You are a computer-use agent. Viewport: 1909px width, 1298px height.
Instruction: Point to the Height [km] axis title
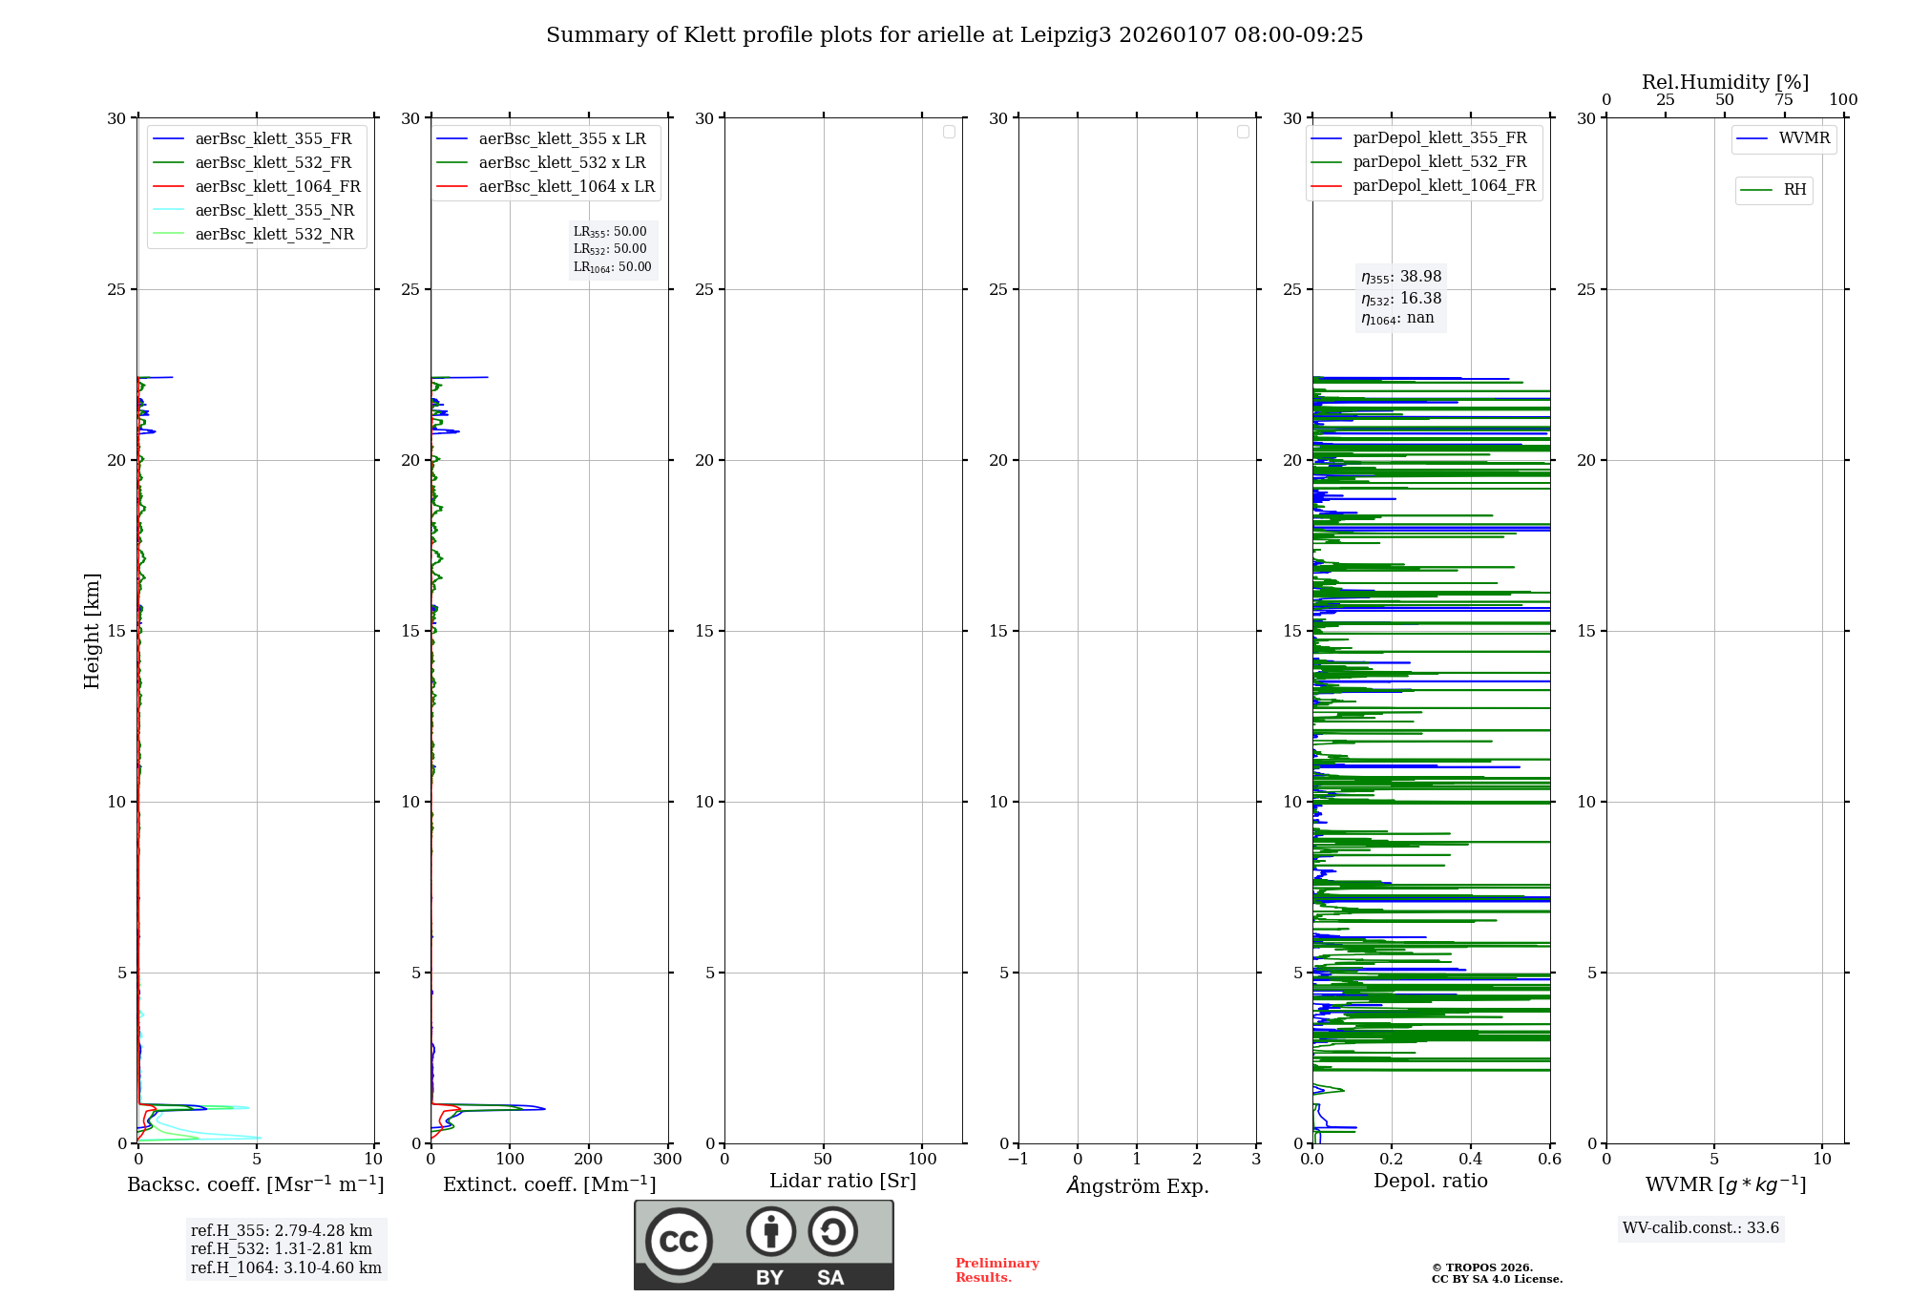tap(92, 631)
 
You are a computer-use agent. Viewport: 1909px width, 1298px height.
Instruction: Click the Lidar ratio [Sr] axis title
tap(843, 1182)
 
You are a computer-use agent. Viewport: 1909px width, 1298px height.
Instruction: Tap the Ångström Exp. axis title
tap(1138, 1186)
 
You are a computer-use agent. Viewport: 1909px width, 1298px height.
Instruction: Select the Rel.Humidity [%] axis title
tap(1725, 82)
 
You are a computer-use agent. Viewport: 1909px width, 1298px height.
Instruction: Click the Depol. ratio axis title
tap(1430, 1182)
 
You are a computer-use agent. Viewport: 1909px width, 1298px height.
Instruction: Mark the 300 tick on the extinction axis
tap(668, 1160)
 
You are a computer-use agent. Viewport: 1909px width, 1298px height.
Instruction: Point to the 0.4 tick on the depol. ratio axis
tap(1471, 1160)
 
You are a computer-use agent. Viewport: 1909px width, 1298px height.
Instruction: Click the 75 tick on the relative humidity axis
tap(1784, 100)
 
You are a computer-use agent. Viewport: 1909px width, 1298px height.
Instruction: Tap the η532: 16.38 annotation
tap(1401, 299)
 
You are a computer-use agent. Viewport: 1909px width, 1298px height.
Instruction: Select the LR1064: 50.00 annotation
tap(612, 267)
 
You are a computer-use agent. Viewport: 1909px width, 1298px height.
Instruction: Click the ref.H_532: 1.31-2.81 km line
tap(282, 1249)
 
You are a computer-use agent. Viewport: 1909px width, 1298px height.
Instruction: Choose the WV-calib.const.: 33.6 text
tap(1701, 1228)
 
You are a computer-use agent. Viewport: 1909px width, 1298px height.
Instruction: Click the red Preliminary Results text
tap(996, 1270)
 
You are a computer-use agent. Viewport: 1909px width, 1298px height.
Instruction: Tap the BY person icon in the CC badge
tap(770, 1232)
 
